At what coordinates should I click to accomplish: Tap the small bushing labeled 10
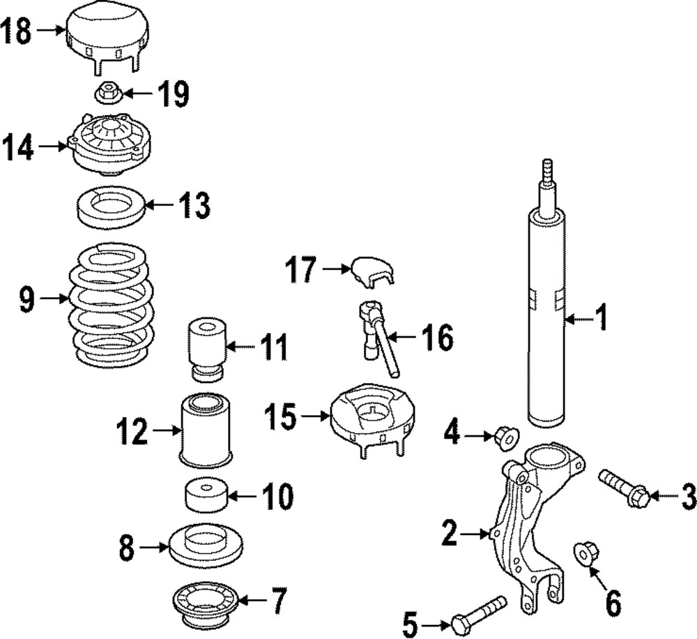tap(206, 495)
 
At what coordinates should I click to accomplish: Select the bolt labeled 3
tap(625, 489)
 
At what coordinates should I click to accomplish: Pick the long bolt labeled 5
tap(481, 612)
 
